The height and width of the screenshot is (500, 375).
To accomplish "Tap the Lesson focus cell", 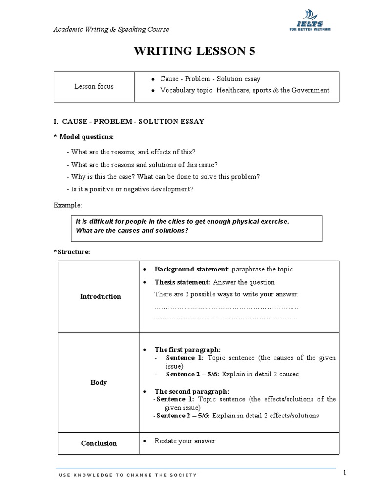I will (94, 86).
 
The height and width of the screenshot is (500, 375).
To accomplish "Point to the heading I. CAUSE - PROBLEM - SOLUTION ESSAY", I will (129, 121).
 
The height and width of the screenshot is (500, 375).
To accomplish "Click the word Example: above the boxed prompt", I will (68, 205).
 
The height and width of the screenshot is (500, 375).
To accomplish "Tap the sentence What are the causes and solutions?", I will (132, 230).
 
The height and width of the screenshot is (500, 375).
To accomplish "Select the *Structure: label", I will (72, 252).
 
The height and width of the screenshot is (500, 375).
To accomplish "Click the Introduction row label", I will (100, 296).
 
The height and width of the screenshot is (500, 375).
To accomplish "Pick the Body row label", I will (99, 382).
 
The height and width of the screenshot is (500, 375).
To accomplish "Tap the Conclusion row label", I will (99, 443).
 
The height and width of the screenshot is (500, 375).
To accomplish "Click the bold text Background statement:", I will (192, 269).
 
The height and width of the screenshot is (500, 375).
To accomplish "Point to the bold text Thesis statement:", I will (182, 282).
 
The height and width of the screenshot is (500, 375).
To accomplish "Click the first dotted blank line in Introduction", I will (226, 308).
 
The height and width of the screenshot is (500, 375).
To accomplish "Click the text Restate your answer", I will (185, 441).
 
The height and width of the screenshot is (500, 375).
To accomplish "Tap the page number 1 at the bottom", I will (345, 472).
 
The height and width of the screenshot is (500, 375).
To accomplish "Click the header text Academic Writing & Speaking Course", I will (111, 29).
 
